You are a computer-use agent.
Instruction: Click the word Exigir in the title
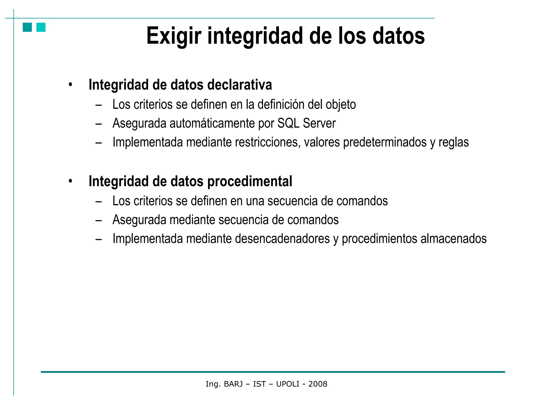point(174,36)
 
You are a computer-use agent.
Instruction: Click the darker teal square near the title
point(27,27)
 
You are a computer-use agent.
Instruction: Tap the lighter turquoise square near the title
point(41,27)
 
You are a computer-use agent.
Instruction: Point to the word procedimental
point(250,182)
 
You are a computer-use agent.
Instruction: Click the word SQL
point(288,124)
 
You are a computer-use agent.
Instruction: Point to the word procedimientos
point(379,239)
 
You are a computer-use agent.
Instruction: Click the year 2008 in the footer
point(318,384)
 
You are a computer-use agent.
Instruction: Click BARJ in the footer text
point(233,384)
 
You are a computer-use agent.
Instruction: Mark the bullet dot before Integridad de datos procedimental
point(70,181)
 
